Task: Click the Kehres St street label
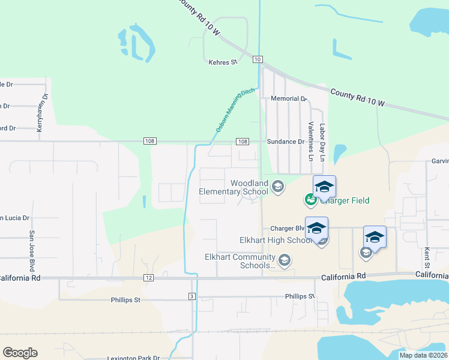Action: (x=223, y=62)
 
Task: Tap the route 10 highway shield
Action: (x=257, y=59)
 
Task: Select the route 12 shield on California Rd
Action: (x=149, y=278)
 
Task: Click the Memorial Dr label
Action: (x=289, y=98)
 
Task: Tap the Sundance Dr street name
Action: (x=286, y=142)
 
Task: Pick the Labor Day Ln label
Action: (x=322, y=143)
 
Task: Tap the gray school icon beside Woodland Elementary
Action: (x=277, y=187)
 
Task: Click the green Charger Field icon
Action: (x=310, y=199)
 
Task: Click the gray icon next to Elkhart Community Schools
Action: (x=285, y=260)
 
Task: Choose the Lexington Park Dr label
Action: (x=133, y=358)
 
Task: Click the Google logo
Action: (x=20, y=353)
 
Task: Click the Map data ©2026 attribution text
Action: (x=423, y=355)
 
